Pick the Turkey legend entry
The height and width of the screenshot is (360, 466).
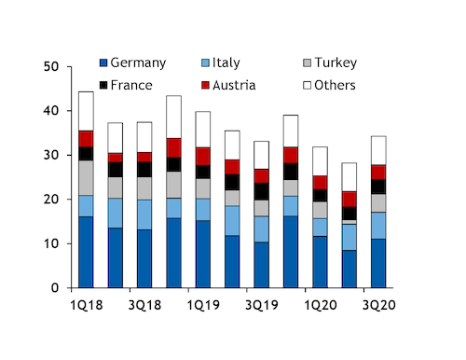(334, 63)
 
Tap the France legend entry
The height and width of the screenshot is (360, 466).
(130, 85)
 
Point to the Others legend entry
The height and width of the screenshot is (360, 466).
(334, 85)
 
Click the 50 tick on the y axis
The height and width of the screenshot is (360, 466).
(50, 67)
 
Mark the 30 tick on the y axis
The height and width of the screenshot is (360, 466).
(50, 156)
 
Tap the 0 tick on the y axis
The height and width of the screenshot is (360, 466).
(55, 288)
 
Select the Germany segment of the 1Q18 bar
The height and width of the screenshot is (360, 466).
(86, 252)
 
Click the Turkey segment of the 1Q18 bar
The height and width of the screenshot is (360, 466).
(86, 178)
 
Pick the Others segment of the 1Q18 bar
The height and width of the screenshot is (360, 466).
(86, 111)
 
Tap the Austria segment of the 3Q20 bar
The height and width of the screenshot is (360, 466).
(377, 172)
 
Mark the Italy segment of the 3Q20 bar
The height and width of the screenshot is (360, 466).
(377, 226)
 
